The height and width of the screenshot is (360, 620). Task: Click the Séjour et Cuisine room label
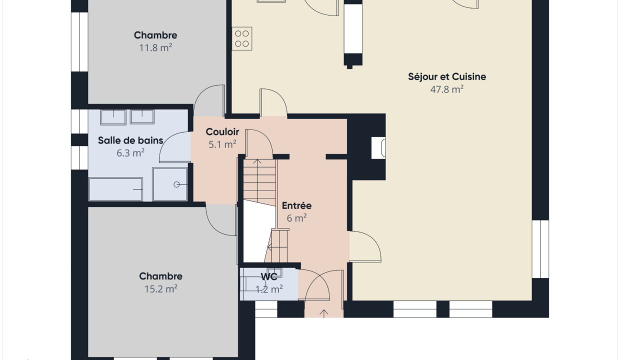(x=446, y=76)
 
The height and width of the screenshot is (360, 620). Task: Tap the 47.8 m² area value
(x=446, y=89)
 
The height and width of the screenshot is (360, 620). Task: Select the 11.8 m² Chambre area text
(x=155, y=47)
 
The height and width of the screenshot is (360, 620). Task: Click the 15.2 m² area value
(x=161, y=289)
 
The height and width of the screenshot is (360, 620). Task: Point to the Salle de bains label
(x=130, y=140)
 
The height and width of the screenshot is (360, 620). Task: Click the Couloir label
(x=222, y=132)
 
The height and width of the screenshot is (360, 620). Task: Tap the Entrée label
(x=296, y=205)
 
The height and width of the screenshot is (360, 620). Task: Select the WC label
(x=269, y=276)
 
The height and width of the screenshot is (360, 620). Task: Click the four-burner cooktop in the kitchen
(x=242, y=38)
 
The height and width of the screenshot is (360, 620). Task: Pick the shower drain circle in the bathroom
(x=176, y=184)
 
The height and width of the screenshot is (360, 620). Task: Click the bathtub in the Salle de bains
(x=115, y=189)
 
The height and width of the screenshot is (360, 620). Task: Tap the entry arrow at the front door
(x=324, y=313)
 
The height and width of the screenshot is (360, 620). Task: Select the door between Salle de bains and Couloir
(x=175, y=147)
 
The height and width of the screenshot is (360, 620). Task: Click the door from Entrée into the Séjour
(x=365, y=246)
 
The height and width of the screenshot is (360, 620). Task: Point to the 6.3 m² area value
(x=130, y=152)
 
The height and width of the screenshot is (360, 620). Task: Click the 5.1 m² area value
(x=222, y=144)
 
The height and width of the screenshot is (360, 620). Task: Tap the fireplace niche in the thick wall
(x=378, y=148)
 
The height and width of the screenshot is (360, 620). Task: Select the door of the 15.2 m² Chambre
(x=221, y=220)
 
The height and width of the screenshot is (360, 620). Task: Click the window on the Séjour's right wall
(x=540, y=249)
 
